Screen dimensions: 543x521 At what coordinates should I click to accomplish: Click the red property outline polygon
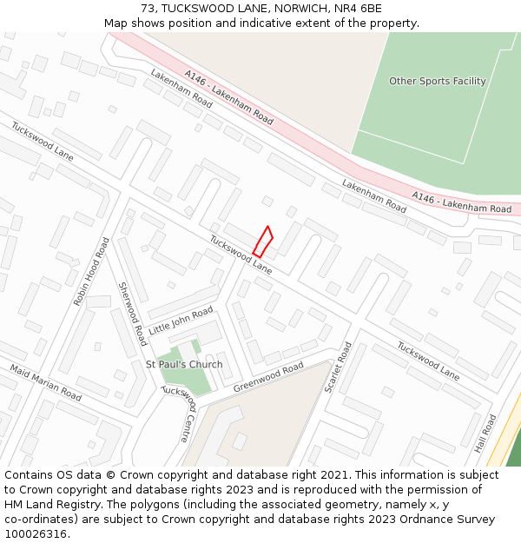coord(263,241)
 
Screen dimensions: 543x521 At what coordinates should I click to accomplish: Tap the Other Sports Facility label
coord(437,81)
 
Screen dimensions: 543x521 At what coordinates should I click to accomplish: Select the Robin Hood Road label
coord(91,273)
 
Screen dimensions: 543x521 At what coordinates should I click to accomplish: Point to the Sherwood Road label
coord(133,314)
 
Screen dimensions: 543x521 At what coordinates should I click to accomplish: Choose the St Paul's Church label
coord(184,364)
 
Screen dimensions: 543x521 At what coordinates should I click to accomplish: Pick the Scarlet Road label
coord(338,367)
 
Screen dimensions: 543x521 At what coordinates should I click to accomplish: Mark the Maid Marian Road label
coord(46,383)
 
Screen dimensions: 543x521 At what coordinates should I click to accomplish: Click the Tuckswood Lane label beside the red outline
coord(241,255)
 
